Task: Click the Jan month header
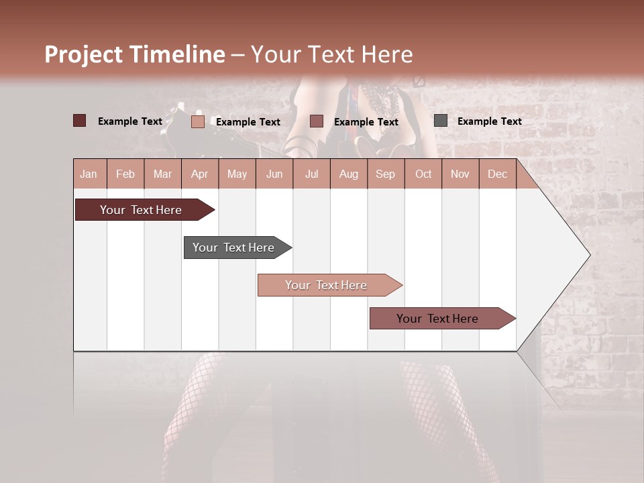(x=89, y=174)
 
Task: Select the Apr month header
(x=199, y=174)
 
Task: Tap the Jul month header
(x=311, y=174)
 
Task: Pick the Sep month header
(x=385, y=174)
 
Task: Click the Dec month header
(x=497, y=174)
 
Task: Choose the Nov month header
(x=460, y=174)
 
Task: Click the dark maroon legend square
(x=79, y=121)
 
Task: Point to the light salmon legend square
(x=197, y=121)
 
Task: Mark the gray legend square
(x=440, y=121)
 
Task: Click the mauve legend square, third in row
(x=317, y=121)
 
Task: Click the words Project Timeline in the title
(x=134, y=54)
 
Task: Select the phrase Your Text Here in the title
(x=332, y=54)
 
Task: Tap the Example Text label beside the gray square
(x=489, y=121)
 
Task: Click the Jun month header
(x=274, y=174)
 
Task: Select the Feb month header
(x=125, y=174)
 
